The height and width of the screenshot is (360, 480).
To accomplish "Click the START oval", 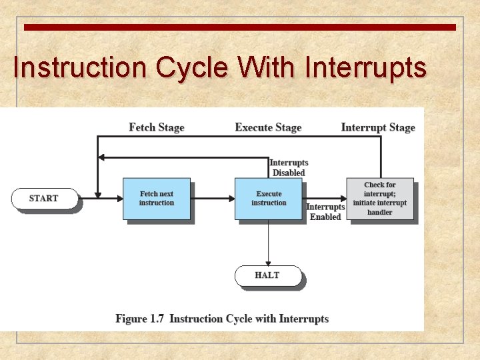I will [x=44, y=199].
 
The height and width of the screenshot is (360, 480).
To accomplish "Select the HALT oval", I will [x=267, y=275].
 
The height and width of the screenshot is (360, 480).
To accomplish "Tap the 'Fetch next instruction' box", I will [x=157, y=199].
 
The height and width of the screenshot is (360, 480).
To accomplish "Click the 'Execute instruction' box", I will [x=269, y=199].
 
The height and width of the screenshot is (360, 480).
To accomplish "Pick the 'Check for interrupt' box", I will [x=380, y=199].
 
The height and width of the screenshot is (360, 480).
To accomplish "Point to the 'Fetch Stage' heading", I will [x=157, y=127].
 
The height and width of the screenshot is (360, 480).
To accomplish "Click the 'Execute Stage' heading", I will [x=268, y=127].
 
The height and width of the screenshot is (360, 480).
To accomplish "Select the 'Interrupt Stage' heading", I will [x=378, y=127].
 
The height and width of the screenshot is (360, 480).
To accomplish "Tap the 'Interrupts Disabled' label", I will [x=289, y=168].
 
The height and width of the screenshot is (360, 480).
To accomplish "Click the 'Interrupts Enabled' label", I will [x=325, y=212].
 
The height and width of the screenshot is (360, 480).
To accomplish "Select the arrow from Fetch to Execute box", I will [x=213, y=198].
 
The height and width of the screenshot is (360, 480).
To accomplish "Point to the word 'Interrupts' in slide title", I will [x=365, y=68].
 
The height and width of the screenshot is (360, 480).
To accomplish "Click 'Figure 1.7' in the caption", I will [x=140, y=319].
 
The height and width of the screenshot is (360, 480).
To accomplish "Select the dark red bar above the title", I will [x=240, y=27].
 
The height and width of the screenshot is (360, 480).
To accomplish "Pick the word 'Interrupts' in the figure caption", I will [x=304, y=319].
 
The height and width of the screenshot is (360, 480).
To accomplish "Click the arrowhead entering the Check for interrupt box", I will [x=344, y=198].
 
